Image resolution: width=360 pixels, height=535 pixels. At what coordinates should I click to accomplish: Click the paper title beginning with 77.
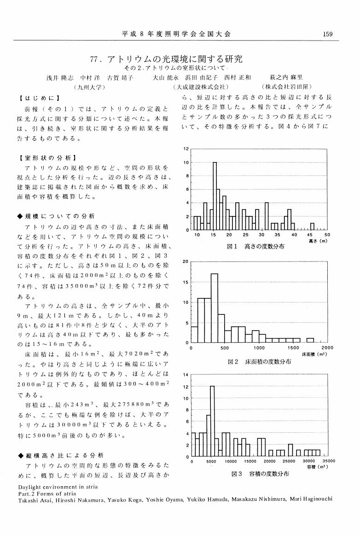[x=168, y=59]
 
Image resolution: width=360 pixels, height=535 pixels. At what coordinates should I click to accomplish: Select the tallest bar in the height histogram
[x=215, y=196]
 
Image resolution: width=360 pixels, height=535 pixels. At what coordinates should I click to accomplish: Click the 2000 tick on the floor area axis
[x=327, y=348]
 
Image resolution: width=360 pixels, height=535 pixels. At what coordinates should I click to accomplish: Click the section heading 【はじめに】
[x=39, y=98]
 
